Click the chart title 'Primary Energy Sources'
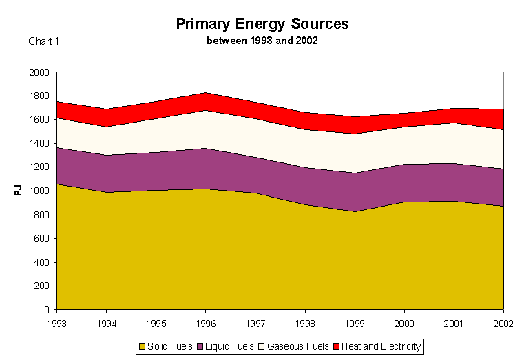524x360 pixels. pos(262,23)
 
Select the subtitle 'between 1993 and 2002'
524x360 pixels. pos(262,41)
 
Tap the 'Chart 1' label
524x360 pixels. pos(44,41)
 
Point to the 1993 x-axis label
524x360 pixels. pos(57,321)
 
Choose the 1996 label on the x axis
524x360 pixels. pos(205,321)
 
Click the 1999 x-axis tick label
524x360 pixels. pos(354,321)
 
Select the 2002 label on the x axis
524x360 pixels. pos(503,321)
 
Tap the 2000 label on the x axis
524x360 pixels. pos(404,321)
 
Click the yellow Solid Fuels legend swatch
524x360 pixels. pos(143,346)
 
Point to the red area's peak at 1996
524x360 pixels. pos(205,93)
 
